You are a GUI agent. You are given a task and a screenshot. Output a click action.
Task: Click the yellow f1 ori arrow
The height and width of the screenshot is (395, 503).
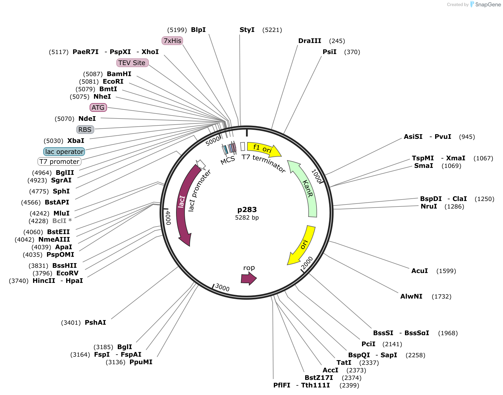(x=263, y=148)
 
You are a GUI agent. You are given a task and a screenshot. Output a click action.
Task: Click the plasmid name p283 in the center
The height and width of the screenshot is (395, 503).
(x=247, y=210)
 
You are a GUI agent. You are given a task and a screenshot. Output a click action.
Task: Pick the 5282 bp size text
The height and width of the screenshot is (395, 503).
(x=247, y=218)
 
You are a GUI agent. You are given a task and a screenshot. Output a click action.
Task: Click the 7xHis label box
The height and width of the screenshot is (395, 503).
(x=172, y=41)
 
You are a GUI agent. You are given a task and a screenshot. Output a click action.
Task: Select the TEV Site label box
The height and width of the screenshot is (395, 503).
(x=132, y=63)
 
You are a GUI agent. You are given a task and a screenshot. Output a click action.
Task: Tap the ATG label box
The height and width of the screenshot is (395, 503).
(x=98, y=107)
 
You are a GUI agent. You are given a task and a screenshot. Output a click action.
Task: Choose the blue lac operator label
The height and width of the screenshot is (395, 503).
(x=64, y=152)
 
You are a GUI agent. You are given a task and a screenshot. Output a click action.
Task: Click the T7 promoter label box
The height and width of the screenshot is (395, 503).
(x=59, y=161)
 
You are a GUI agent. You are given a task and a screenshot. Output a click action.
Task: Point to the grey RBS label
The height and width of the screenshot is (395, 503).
(x=85, y=130)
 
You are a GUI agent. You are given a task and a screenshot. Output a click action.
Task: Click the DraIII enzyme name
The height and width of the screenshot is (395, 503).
(x=310, y=41)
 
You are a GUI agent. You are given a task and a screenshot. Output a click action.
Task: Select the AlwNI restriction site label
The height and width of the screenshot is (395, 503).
(x=411, y=297)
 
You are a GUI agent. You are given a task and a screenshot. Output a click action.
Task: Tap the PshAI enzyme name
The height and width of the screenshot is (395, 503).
(x=95, y=323)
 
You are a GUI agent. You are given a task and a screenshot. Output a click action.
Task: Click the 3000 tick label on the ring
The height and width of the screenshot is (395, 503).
(x=222, y=288)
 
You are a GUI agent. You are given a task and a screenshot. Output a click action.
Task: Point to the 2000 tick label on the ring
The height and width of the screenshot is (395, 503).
(x=307, y=263)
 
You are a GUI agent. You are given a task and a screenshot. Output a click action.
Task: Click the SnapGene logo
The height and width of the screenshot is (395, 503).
(x=485, y=4)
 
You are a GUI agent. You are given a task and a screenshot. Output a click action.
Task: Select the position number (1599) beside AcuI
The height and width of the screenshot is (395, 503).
(x=446, y=271)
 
